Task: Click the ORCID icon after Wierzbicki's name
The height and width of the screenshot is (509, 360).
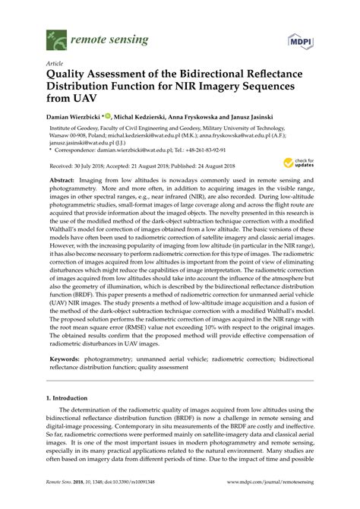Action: click(x=108, y=115)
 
